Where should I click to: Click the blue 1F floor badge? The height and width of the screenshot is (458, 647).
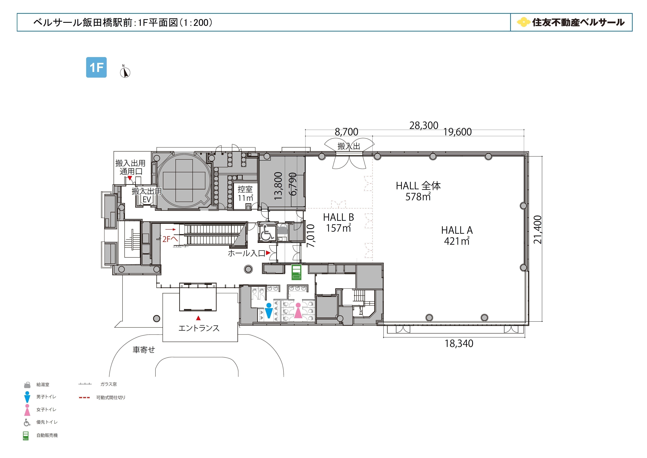tap(96, 67)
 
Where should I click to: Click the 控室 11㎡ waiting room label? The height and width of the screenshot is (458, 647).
tap(245, 193)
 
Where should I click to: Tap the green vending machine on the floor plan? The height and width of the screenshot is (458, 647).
tap(296, 272)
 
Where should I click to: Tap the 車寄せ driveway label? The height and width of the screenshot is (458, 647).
tap(144, 350)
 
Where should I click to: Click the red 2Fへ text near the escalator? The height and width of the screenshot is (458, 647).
tap(170, 239)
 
